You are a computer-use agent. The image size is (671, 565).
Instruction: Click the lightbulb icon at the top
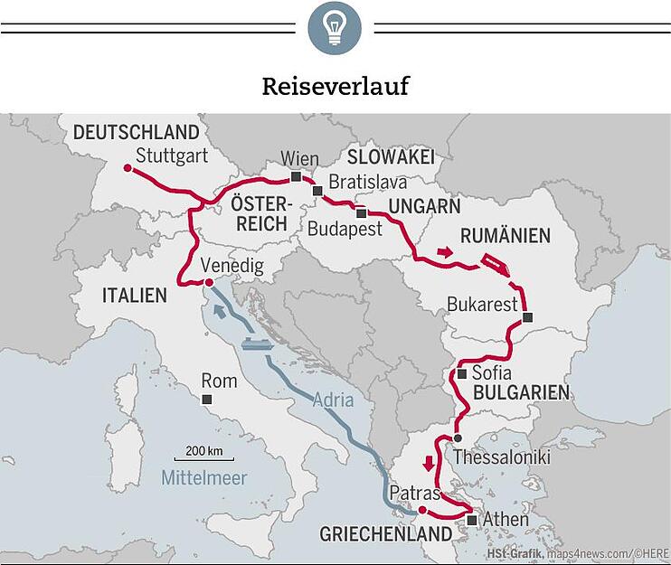coord(335,28)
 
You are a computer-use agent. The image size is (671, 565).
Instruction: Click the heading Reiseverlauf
coord(335,86)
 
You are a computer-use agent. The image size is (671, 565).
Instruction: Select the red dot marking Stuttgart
coord(128,169)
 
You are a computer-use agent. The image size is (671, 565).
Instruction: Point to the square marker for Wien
coord(296,176)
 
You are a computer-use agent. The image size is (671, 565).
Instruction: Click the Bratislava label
coord(367,182)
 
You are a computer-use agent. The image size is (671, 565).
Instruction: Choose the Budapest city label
coord(345,229)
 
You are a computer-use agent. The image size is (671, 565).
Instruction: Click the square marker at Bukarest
coord(528,316)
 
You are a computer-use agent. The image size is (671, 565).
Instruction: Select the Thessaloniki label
coord(501,457)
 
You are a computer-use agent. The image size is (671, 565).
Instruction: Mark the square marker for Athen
coord(471,521)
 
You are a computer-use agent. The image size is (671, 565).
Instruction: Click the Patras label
coord(414,494)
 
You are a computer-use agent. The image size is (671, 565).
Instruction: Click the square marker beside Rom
coord(207,399)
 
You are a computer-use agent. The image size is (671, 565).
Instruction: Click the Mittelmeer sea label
coord(204,478)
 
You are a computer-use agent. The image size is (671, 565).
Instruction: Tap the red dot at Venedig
coord(209,283)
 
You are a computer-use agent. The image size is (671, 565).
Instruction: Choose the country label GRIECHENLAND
coord(385,534)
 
